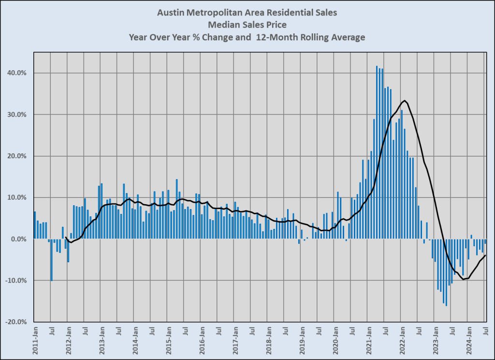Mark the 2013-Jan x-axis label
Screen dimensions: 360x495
pos(102,342)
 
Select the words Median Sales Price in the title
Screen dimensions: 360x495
pos(247,25)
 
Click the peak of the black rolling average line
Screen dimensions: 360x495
pos(405,101)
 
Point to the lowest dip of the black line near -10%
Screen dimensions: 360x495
pos(463,279)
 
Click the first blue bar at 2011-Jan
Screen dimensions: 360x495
pos(35,225)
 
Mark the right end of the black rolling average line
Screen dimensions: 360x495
pos(485,255)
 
